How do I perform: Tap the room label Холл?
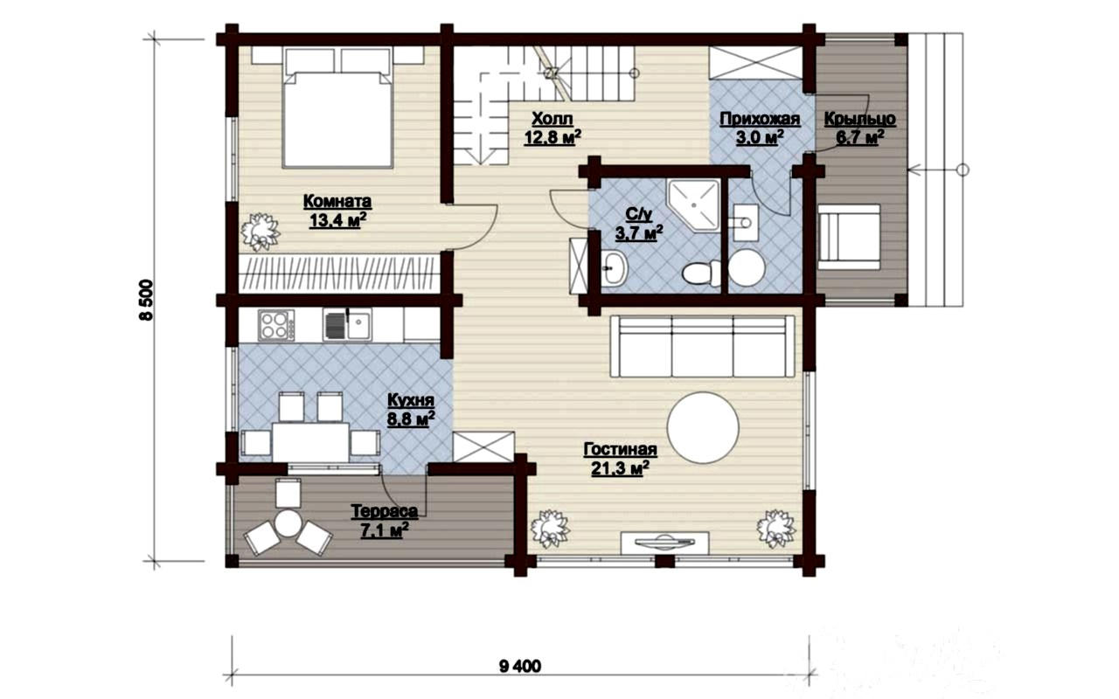[x=552, y=119]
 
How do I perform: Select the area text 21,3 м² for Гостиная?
[x=620, y=469]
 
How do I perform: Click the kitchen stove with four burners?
[x=275, y=325]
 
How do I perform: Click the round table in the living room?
[x=703, y=428]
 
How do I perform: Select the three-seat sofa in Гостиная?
[x=702, y=346]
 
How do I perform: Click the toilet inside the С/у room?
[x=701, y=272]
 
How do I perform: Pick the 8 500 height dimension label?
[x=147, y=300]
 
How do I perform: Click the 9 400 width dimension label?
[x=519, y=667]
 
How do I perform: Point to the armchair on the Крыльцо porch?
[x=848, y=237]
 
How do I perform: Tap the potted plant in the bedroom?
[x=260, y=232]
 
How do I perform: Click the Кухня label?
[x=411, y=400]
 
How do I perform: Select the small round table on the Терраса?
[x=288, y=523]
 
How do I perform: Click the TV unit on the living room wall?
[x=664, y=543]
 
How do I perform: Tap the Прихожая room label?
[x=760, y=119]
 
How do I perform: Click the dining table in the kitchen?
[x=310, y=442]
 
